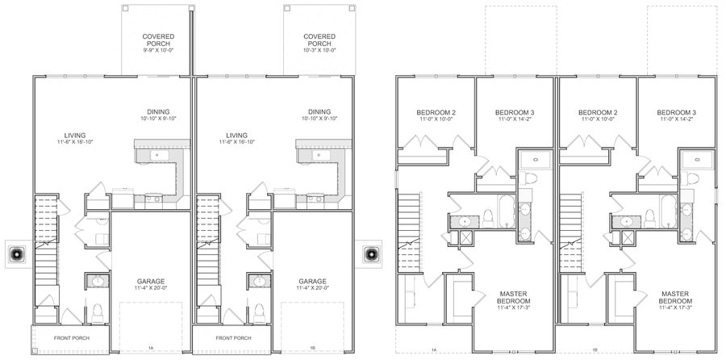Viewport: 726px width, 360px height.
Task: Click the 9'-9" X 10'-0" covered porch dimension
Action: (x=158, y=49)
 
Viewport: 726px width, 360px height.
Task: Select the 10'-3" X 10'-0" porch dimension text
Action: (x=319, y=49)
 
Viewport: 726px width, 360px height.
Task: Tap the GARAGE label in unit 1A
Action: (x=151, y=281)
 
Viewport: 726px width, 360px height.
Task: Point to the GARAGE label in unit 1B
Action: (x=312, y=281)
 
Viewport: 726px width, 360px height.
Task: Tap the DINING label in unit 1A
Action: (x=158, y=111)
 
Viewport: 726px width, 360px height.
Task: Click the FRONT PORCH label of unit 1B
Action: (x=233, y=338)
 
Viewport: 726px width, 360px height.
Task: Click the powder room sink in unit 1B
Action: (x=259, y=281)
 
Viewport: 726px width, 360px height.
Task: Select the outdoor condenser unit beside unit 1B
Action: (x=371, y=254)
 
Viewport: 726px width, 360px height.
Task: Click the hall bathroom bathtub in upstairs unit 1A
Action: (x=506, y=211)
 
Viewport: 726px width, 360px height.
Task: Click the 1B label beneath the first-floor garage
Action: (x=312, y=348)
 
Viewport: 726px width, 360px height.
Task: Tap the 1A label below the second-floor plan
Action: (x=434, y=350)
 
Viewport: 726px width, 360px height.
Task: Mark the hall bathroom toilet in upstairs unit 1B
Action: (x=650, y=219)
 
